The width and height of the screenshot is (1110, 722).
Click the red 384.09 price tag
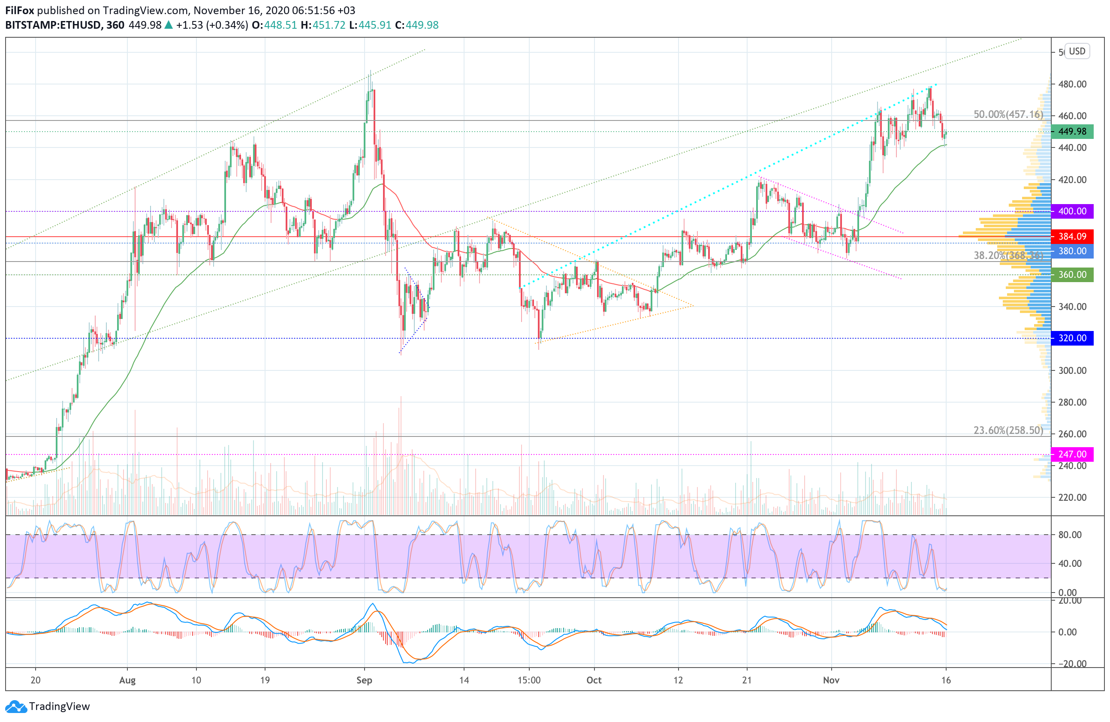coord(1072,236)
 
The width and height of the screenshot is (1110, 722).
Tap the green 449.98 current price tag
coord(1072,132)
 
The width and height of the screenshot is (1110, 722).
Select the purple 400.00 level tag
coord(1072,211)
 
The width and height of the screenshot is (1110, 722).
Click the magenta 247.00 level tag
coord(1072,454)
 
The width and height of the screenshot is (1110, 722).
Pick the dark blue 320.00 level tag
coord(1072,338)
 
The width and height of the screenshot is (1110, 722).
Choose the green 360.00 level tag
coord(1072,274)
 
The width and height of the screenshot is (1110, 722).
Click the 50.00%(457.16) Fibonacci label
coord(1008,114)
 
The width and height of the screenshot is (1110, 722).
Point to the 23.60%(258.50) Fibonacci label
coord(1008,430)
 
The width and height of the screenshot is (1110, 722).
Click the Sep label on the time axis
coord(364,680)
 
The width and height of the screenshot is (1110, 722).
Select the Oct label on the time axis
coord(594,680)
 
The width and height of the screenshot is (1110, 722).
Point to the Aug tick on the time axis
coord(127,680)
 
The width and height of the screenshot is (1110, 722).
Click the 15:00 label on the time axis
coord(529,680)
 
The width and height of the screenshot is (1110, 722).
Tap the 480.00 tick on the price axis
coord(1072,84)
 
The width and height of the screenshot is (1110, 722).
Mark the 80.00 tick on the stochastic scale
coord(1070,535)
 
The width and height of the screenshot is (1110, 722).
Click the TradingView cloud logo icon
coord(16,707)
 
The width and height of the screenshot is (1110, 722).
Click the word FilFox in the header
coord(20,10)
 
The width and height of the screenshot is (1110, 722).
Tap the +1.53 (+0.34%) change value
coord(212,25)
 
